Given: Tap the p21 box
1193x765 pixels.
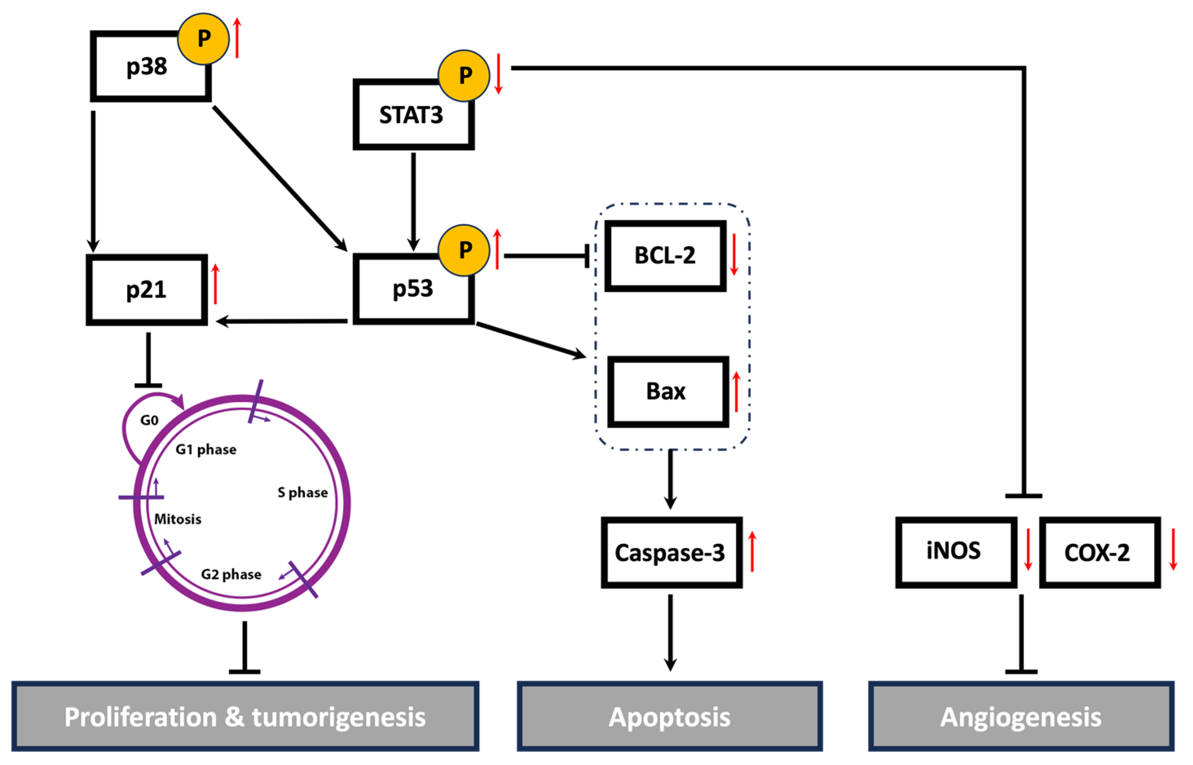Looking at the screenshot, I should pos(146,290).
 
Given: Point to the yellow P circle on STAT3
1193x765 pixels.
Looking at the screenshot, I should pos(464,75).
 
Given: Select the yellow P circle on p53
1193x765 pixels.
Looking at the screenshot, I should pos(464,250).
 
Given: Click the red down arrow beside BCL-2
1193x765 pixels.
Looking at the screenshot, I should pos(734,255).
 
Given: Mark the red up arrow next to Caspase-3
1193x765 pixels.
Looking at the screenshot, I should pos(753,551).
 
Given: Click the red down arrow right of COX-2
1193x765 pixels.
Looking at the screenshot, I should pos(1173,549).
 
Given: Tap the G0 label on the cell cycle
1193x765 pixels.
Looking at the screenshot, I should pos(149,420).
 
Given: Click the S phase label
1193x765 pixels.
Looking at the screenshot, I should pos(302,492).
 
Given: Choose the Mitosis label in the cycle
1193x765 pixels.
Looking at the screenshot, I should pos(178,519).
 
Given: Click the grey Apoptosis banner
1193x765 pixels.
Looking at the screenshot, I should pos(669,716).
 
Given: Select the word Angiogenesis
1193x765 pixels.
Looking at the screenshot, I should pos(1021,717).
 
